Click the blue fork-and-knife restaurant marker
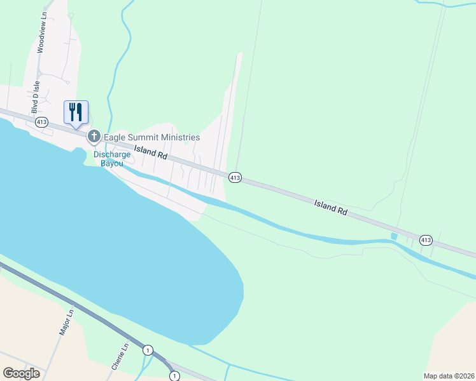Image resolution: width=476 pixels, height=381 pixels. (76, 112)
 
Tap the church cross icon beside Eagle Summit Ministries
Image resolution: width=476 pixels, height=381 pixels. (94, 136)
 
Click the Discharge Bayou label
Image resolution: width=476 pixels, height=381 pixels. (112, 159)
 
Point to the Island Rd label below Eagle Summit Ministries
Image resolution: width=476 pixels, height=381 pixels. (150, 154)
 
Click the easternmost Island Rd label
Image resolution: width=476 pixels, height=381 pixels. (331, 208)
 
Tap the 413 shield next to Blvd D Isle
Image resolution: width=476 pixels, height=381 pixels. (42, 122)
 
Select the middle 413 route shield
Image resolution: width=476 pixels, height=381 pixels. (235, 178)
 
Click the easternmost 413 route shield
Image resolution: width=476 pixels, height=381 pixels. (426, 240)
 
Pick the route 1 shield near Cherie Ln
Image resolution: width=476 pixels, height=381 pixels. (148, 350)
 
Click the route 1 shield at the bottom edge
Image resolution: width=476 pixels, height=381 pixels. (174, 376)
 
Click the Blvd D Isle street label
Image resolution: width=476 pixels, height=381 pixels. (36, 97)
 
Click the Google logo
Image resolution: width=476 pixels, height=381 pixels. (21, 373)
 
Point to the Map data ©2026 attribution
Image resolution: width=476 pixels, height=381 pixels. (449, 376)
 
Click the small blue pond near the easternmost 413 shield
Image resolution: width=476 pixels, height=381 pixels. (394, 237)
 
